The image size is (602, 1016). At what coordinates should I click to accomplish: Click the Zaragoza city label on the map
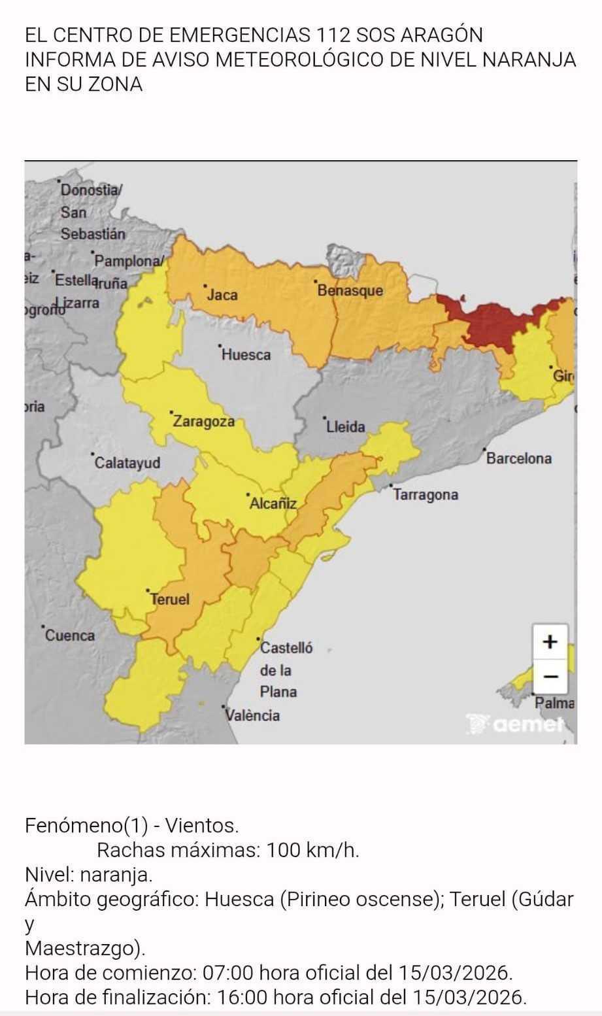pos(203,422)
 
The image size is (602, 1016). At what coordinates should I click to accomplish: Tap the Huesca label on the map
pos(246,355)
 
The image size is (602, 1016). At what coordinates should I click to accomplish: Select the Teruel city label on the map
pos(170,599)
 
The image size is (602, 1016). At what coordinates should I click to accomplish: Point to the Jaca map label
pos(222,295)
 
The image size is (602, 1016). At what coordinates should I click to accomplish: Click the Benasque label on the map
pos(350,290)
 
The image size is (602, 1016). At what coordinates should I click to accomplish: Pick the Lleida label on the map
pos(346,427)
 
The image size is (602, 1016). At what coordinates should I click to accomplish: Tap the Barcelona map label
pos(518,458)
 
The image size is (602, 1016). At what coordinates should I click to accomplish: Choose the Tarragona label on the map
pos(426,495)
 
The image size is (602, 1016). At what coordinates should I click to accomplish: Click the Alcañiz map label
pos(273,503)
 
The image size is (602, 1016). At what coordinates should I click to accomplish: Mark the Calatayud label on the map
pos(127,463)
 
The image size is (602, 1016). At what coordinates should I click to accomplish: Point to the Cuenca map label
pos(69,635)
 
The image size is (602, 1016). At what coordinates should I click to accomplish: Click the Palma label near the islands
pos(555,703)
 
